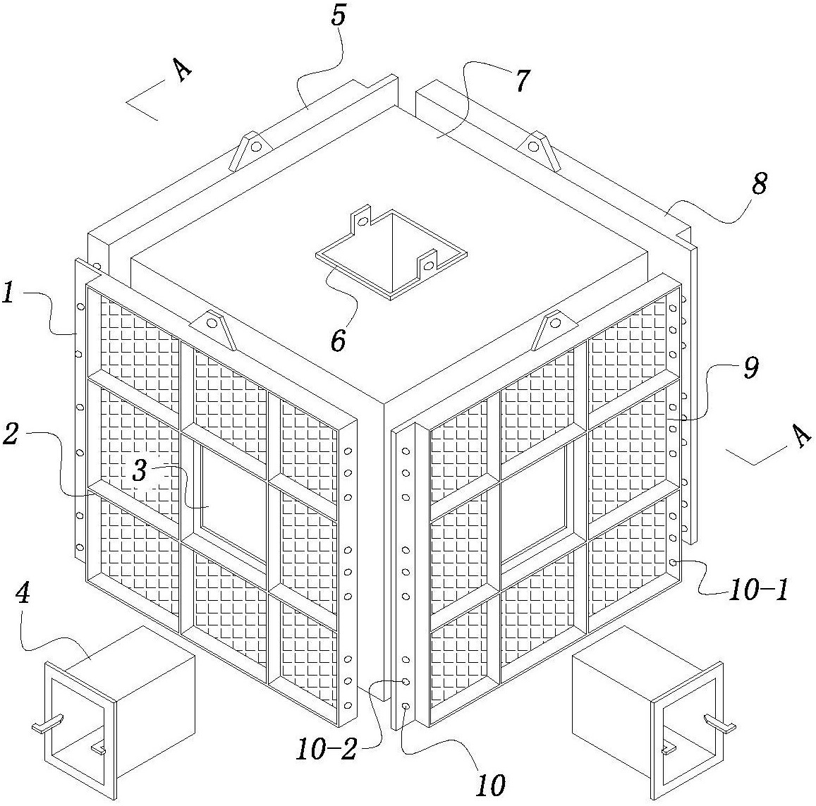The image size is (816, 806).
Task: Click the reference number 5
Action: (339, 16)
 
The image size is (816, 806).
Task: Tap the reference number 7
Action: (522, 81)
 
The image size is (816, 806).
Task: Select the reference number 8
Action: (759, 185)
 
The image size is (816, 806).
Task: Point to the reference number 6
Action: (339, 341)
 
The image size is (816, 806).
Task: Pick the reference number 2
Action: (10, 434)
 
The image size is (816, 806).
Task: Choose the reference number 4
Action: (23, 594)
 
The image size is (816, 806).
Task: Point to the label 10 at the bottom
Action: (491, 785)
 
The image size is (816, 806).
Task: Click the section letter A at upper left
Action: (183, 71)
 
